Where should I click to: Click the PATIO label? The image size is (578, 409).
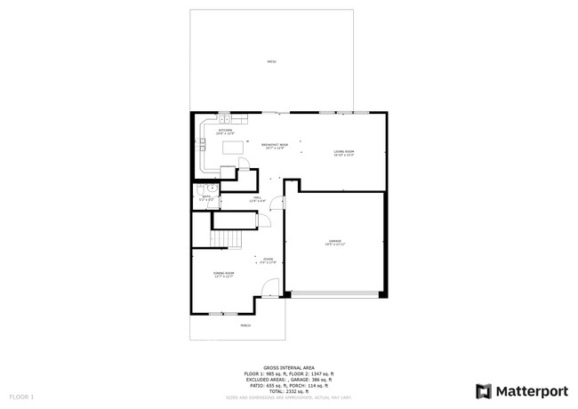271,61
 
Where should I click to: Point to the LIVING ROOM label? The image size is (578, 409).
344,153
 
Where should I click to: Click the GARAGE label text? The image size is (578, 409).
334,242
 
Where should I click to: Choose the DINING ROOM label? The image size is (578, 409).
223,274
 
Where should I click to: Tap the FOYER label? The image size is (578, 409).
268,261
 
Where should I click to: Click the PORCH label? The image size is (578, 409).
245,325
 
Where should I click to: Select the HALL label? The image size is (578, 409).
257,199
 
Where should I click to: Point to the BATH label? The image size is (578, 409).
206,198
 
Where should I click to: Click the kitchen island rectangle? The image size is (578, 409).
233,148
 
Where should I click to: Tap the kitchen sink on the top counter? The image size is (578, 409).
226,118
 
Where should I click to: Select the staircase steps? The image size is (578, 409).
226,238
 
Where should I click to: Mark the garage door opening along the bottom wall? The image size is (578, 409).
334,293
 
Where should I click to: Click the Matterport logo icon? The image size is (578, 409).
484,391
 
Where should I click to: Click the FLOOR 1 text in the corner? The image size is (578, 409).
21,395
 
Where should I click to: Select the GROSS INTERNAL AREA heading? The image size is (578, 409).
289,365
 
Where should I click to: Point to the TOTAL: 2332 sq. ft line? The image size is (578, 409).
289,390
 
